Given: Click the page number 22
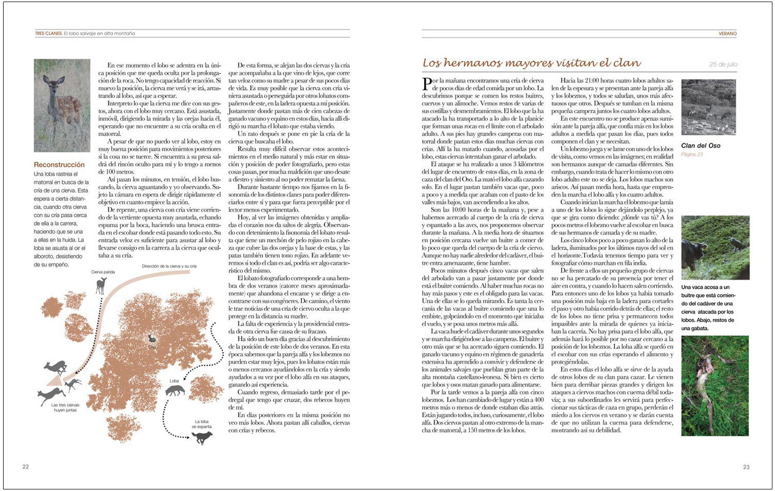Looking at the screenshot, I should click(x=25, y=467).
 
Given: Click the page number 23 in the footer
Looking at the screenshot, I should click(x=746, y=467).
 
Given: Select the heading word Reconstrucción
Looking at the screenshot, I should click(x=59, y=165).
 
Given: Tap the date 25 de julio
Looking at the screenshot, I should click(x=723, y=65).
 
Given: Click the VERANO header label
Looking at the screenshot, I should click(x=727, y=34).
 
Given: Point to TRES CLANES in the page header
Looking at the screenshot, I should click(x=48, y=34).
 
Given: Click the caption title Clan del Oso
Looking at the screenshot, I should click(x=701, y=146).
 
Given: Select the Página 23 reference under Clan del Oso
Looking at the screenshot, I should click(x=692, y=154).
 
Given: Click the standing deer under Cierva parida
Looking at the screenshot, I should click(x=101, y=285).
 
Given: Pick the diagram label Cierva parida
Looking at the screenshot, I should click(x=103, y=272).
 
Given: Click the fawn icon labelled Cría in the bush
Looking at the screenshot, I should click(x=152, y=339).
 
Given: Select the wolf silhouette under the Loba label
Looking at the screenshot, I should click(x=175, y=391).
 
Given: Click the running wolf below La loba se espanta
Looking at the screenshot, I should click(x=202, y=437).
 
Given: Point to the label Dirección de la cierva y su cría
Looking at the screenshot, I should click(x=169, y=266).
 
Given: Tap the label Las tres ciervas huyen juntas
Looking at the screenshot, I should click(x=65, y=408).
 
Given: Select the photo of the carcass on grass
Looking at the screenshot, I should click(x=715, y=386).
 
